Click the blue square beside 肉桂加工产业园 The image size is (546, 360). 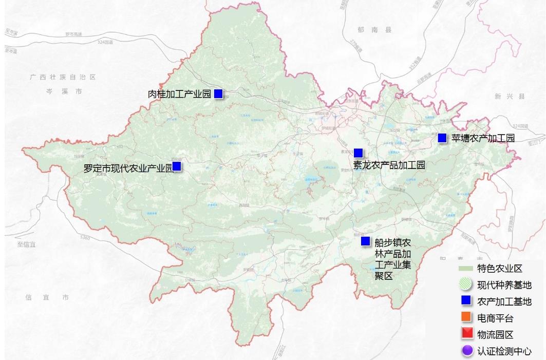pos(218,93)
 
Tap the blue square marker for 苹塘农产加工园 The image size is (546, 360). pos(442,138)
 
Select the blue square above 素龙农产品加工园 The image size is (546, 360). pos(358,153)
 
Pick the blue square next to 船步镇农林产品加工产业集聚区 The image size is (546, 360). pos(365,241)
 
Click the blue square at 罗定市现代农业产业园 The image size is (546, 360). pos(177,166)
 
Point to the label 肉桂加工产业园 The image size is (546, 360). pos(179,94)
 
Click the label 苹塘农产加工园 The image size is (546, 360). pos(483,138)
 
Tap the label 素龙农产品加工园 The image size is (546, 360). pos(389,165)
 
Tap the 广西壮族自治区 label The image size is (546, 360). pos(63,77)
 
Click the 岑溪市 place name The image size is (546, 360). pos(64,91)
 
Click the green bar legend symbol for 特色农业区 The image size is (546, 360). pos(465,268)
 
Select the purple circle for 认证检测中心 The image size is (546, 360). pos(466,351)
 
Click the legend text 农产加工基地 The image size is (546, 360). pos(504,301)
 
